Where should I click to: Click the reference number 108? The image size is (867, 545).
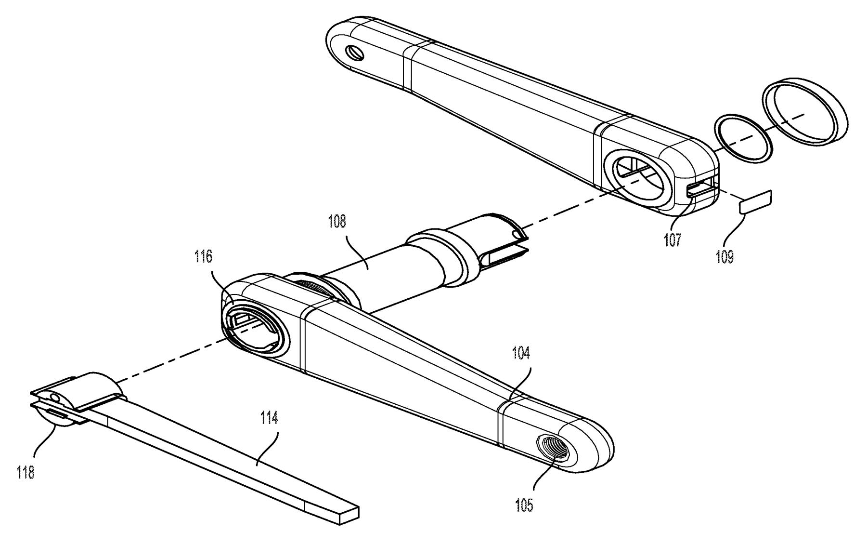[337, 222]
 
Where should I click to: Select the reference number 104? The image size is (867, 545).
[521, 354]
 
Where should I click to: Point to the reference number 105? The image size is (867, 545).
[524, 505]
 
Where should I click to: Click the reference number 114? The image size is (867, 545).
[269, 418]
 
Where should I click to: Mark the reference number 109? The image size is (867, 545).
[725, 257]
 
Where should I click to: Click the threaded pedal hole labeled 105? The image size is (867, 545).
[552, 449]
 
